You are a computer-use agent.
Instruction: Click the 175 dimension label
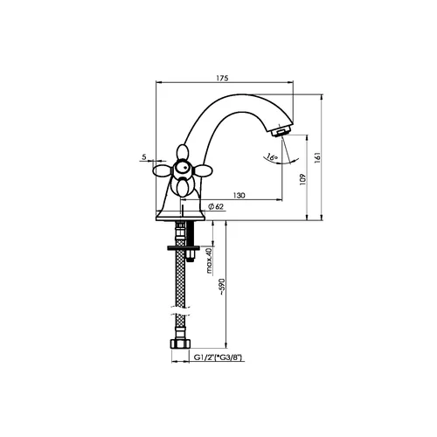222,78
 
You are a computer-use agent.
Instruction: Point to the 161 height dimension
318,157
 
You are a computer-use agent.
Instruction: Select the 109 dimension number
302,179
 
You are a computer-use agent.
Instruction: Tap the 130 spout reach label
239,195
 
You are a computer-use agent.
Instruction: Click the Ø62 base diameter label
216,206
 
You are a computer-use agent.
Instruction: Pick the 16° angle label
273,157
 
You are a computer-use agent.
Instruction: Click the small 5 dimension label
144,156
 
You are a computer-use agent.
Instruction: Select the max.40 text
210,260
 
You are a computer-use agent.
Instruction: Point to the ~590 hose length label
222,287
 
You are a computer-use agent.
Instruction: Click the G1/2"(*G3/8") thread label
218,357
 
